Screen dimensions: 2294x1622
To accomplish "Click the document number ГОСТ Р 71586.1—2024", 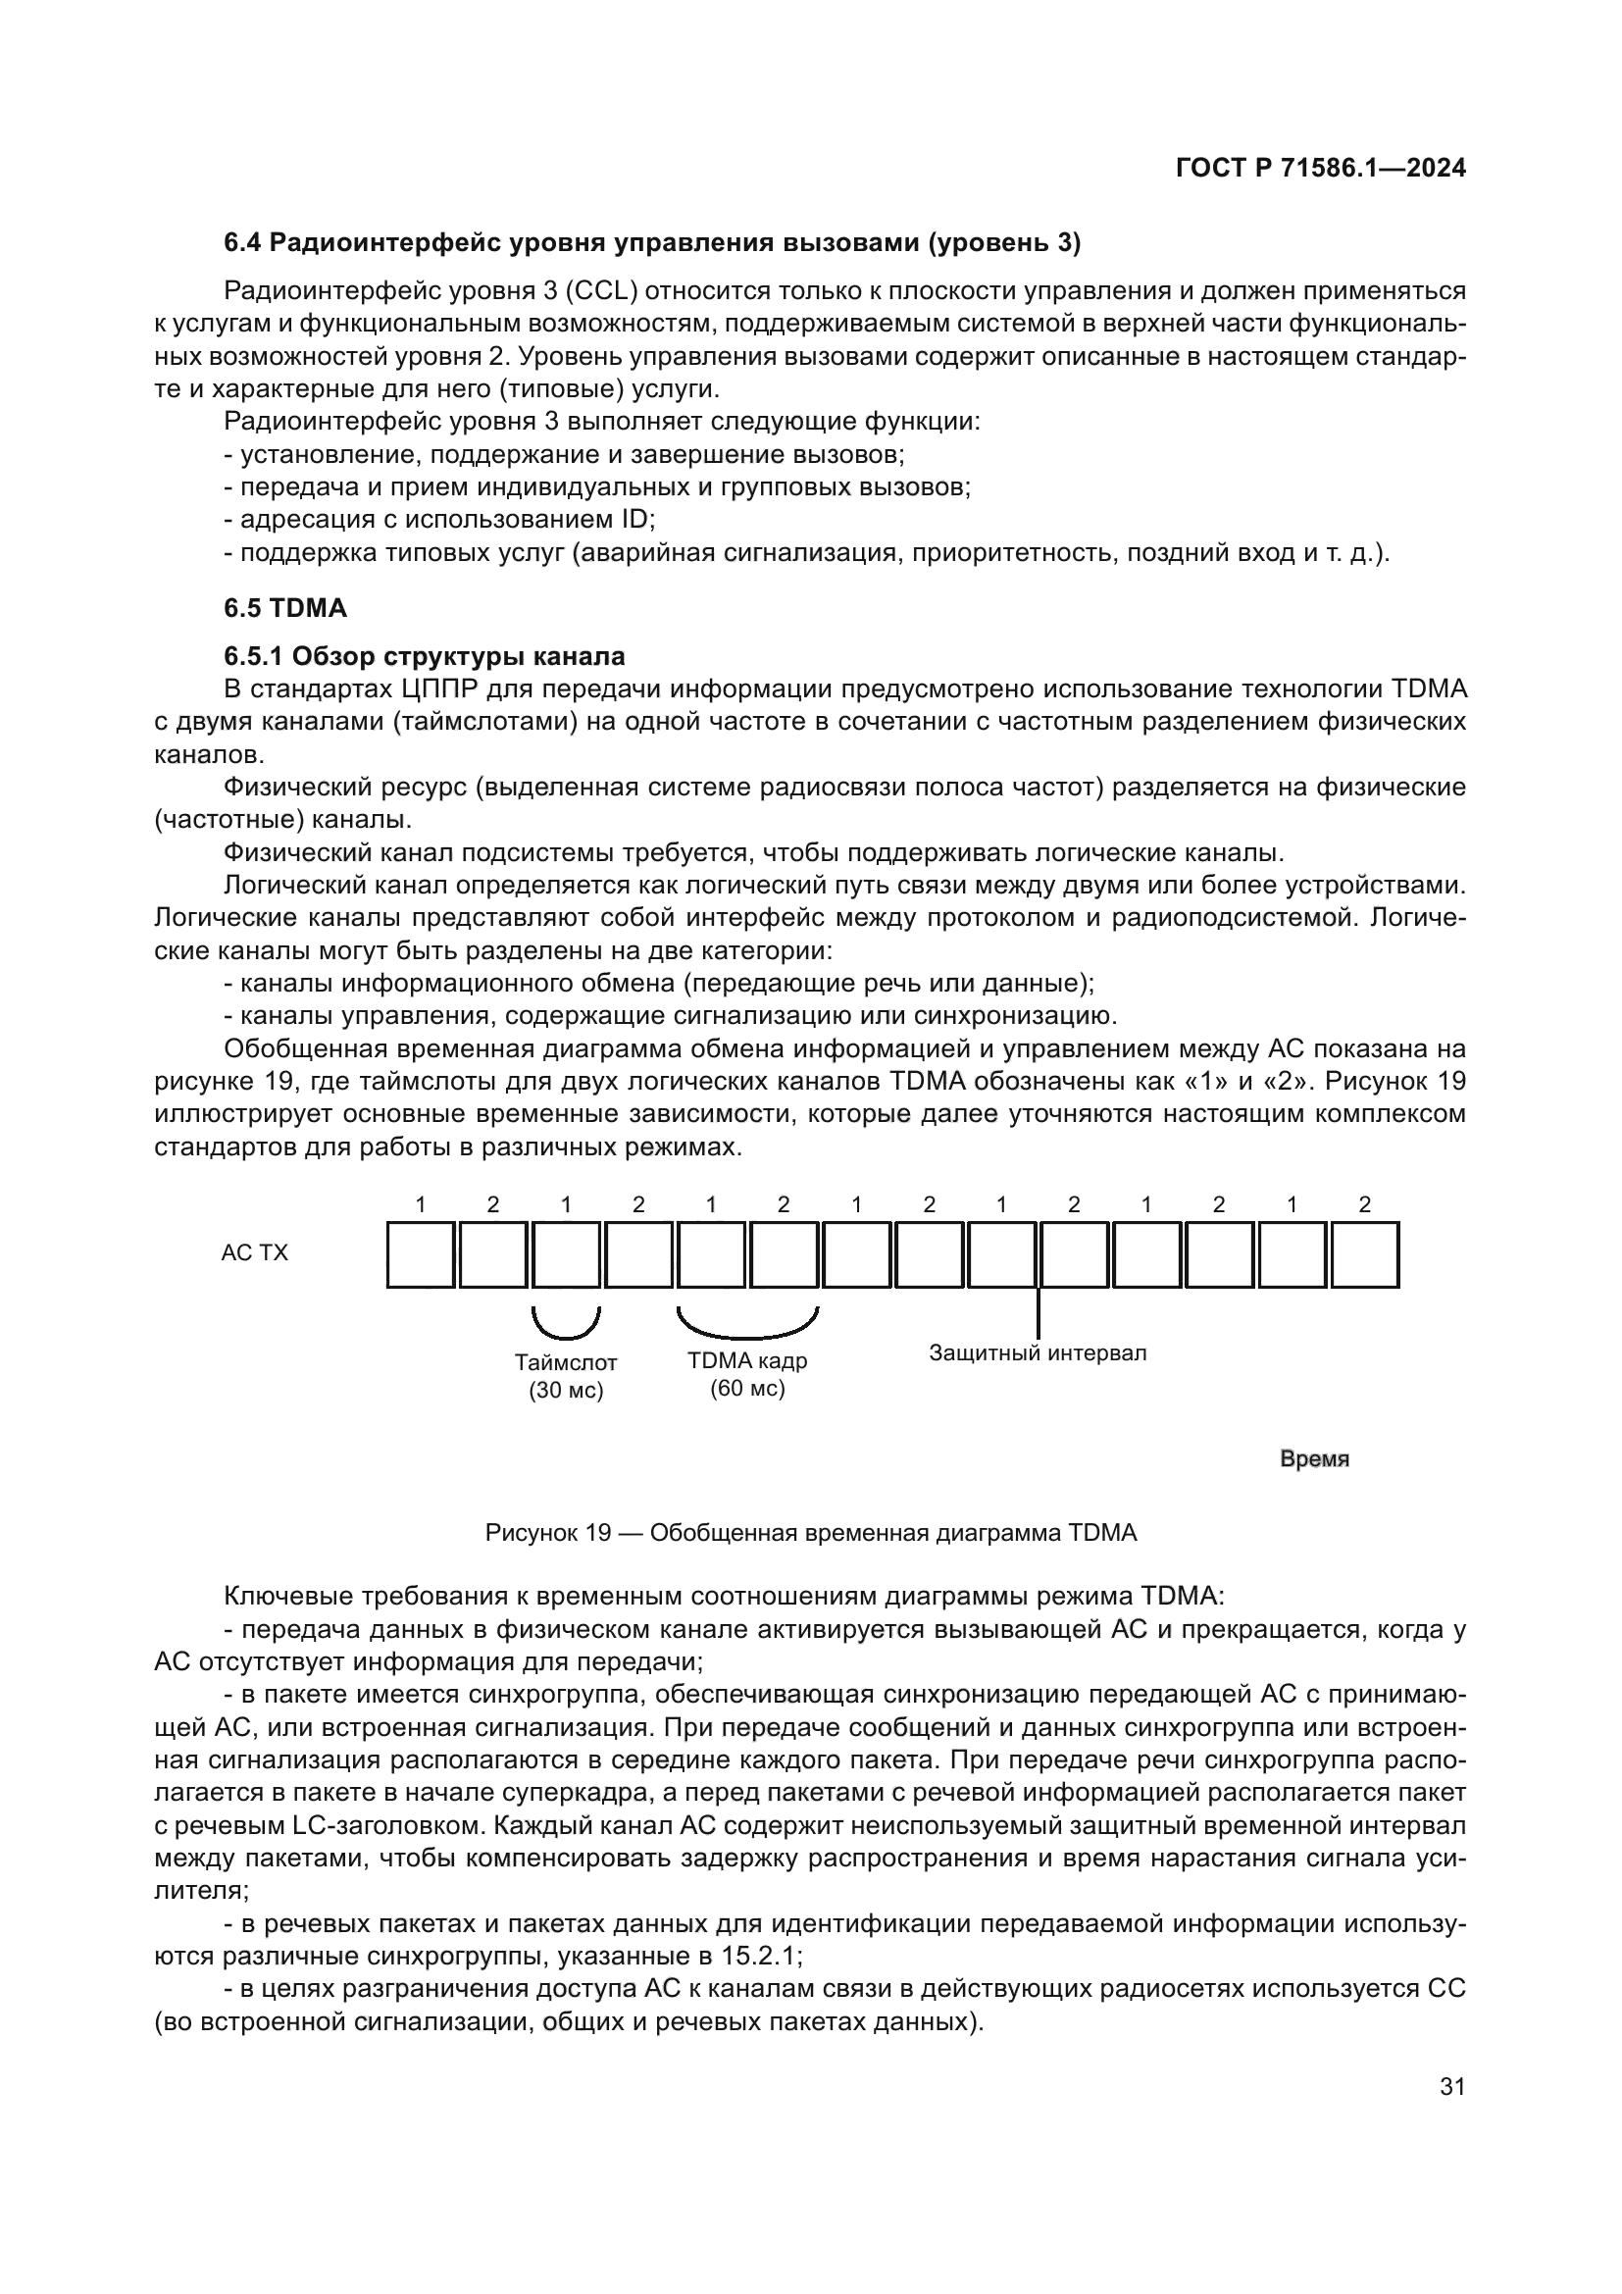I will point(1320,168).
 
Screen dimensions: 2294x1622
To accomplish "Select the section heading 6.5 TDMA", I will point(284,607).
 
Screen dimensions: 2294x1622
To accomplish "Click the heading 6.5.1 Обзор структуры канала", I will point(425,656).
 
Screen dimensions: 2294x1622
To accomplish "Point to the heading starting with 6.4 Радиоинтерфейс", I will point(652,243).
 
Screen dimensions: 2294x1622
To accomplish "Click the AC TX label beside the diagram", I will point(255,1252).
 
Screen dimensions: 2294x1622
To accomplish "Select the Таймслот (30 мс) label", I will point(566,1376).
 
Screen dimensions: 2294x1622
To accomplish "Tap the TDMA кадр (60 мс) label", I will point(747,1374).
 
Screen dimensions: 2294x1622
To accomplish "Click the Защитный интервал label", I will point(1038,1352).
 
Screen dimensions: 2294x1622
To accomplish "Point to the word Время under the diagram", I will point(1314,1459).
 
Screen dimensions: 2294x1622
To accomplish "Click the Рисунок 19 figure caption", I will point(810,1533).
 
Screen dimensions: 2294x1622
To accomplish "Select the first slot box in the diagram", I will point(421,1255).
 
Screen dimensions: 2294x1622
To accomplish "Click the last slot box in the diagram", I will point(1364,1255).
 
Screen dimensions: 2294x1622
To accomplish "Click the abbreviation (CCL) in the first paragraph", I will point(602,290).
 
